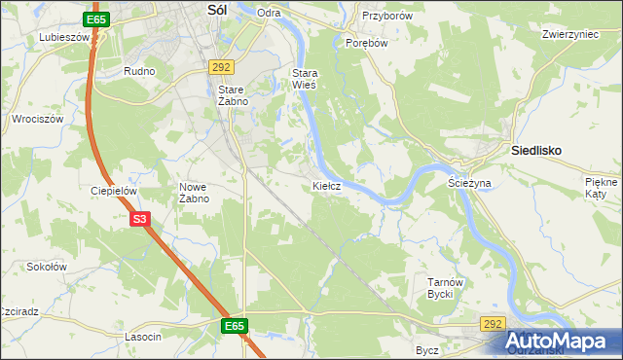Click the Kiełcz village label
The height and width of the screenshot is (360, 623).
(326, 185)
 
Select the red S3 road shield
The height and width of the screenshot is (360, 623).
(140, 220)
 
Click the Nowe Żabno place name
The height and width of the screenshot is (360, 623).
(194, 193)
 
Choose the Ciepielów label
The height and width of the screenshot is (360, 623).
(112, 191)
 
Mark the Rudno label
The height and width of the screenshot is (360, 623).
(140, 72)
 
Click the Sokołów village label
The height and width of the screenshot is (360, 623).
(46, 266)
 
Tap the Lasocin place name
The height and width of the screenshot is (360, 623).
(143, 336)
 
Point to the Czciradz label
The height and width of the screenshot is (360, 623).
(18, 312)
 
